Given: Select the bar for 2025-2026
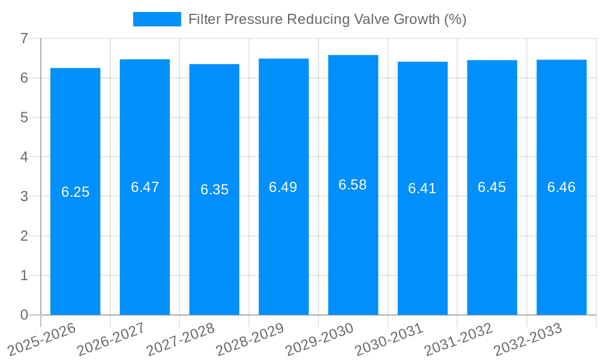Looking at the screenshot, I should tap(75, 191).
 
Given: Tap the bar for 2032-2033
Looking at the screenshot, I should tap(562, 187).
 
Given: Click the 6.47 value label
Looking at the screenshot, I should tap(145, 187).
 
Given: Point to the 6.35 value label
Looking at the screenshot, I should tap(214, 190).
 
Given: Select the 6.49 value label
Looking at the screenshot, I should tap(283, 187).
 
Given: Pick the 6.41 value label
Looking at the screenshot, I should tap(422, 188).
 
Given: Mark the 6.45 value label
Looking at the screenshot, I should tap(492, 187).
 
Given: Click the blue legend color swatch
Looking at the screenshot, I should tap(157, 19).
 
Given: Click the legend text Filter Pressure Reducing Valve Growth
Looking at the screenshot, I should tap(327, 19).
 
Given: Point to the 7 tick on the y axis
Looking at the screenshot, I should tap(24, 38).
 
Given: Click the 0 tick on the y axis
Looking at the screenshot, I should tap(24, 315).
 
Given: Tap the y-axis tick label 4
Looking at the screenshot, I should tap(24, 157).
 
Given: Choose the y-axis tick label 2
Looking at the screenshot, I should tap(24, 236).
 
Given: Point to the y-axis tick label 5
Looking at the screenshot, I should tap(24, 118).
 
